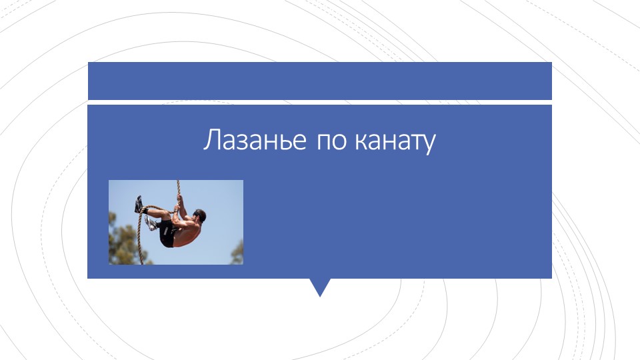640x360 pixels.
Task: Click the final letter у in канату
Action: pyautogui.click(x=429, y=145)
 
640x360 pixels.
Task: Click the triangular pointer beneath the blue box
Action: pyautogui.click(x=320, y=287)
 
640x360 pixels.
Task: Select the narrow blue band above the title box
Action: pyautogui.click(x=319, y=80)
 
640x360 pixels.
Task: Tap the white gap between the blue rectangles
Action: pyautogui.click(x=319, y=102)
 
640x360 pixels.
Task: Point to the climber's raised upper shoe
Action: pyautogui.click(x=139, y=203)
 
